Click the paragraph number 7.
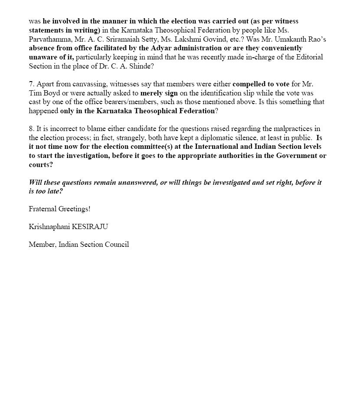(31, 84)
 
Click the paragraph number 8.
(31, 128)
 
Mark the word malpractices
(293, 128)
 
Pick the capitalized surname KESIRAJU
(87, 226)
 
